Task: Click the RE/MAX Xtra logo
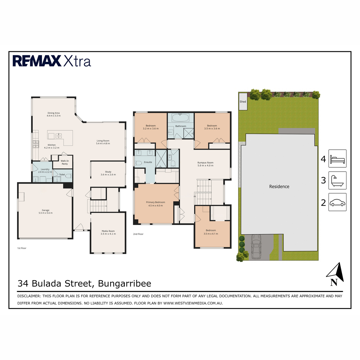click(x=52, y=61)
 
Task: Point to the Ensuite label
click(x=148, y=162)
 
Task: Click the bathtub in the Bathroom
click(x=180, y=117)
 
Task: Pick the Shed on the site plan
click(x=243, y=101)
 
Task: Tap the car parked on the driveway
click(x=256, y=247)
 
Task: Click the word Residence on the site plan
click(x=279, y=187)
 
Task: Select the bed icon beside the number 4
click(x=337, y=159)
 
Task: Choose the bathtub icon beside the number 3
click(x=337, y=180)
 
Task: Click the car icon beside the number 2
click(x=337, y=202)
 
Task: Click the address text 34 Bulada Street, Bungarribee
click(x=84, y=283)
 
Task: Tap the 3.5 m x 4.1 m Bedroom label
click(x=211, y=232)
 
